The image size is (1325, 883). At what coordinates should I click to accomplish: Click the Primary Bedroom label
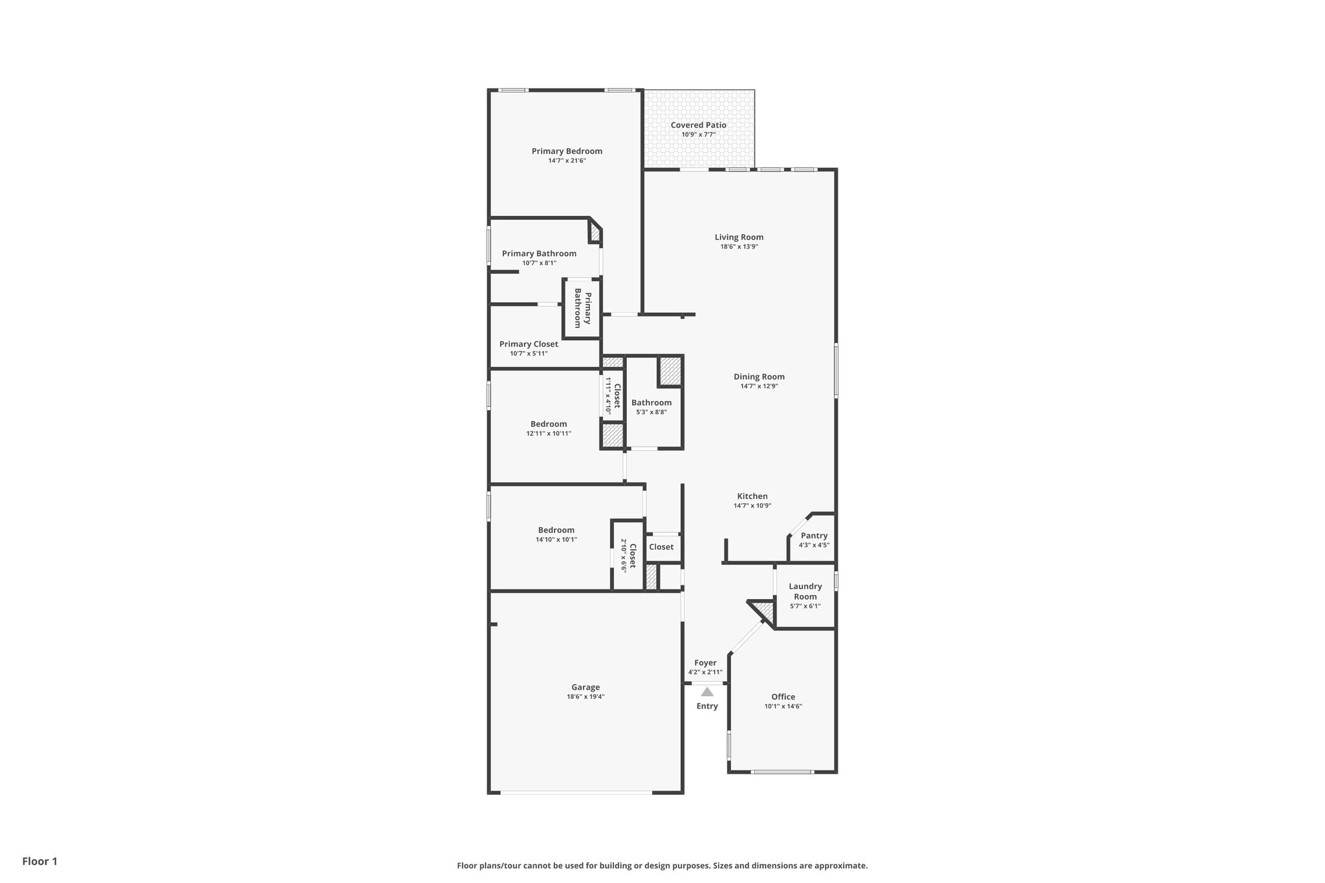(567, 151)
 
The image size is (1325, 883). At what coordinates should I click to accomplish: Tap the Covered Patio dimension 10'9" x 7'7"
(698, 135)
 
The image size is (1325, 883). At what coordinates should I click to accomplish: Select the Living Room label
(739, 237)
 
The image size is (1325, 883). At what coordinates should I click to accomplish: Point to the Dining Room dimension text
(759, 386)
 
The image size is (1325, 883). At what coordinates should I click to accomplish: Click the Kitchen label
(752, 496)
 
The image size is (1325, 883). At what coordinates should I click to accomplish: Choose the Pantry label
(814, 536)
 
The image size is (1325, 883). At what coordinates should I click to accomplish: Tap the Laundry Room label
(805, 591)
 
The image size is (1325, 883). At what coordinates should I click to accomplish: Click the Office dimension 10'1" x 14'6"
(783, 706)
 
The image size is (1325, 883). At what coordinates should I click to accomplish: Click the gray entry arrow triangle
(707, 692)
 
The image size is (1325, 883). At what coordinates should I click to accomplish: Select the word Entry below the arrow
(707, 706)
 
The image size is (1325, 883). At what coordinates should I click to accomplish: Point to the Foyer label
(705, 663)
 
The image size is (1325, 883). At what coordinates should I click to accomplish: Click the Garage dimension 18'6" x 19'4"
(586, 697)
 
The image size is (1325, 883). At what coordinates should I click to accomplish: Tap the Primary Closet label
(529, 344)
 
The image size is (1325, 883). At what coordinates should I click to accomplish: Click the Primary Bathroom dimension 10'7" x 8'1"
(539, 263)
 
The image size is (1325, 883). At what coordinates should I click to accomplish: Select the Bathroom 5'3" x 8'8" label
(652, 402)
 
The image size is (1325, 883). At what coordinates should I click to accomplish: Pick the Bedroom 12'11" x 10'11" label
(549, 424)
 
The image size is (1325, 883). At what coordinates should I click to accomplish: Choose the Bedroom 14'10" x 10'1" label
(556, 530)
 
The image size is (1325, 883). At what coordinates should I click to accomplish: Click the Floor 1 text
(40, 861)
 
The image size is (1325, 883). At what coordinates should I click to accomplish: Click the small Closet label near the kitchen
(661, 547)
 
